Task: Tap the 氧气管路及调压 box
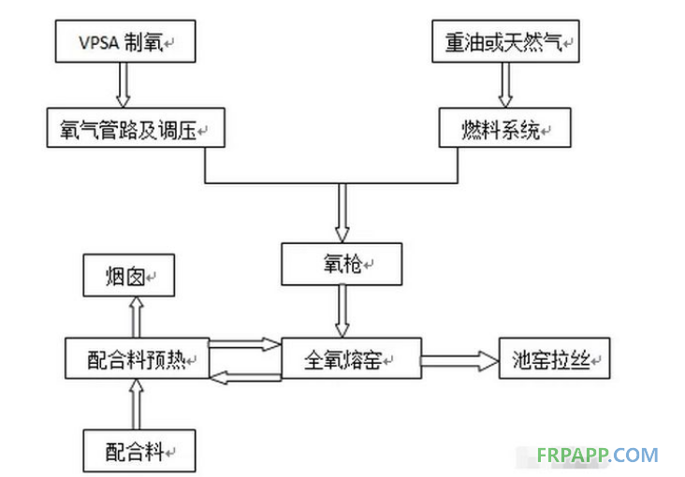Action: pos(136,128)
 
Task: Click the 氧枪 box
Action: pos(342,266)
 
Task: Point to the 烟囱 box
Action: pos(130,275)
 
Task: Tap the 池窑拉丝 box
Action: pos(554,359)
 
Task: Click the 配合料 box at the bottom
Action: pos(139,452)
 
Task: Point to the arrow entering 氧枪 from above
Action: pos(342,213)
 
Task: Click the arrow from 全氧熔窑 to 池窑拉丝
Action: pos(459,358)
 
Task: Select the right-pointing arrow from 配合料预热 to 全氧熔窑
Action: pos(244,345)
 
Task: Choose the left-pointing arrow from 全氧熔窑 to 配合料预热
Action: pos(244,376)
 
